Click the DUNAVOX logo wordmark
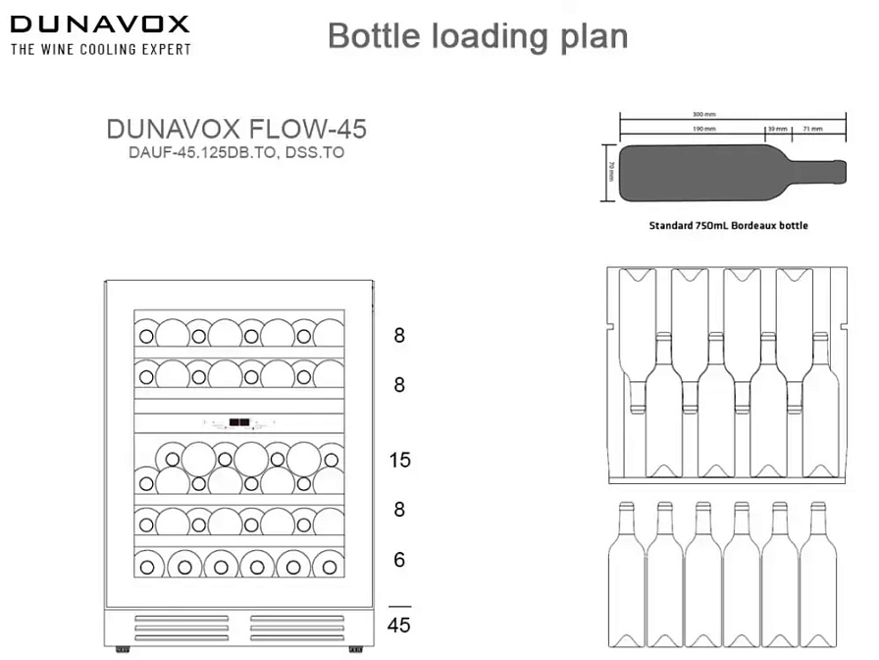(100, 24)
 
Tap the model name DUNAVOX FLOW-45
(235, 131)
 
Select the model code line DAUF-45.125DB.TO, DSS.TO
(235, 153)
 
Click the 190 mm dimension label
(703, 129)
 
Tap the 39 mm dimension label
(777, 129)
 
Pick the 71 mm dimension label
(811, 129)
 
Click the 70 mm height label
(611, 173)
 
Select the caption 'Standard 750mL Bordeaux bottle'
(729, 225)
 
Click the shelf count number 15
(399, 460)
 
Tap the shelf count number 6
(399, 560)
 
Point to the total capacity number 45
(399, 626)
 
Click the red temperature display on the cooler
(238, 423)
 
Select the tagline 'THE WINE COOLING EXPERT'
(100, 48)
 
